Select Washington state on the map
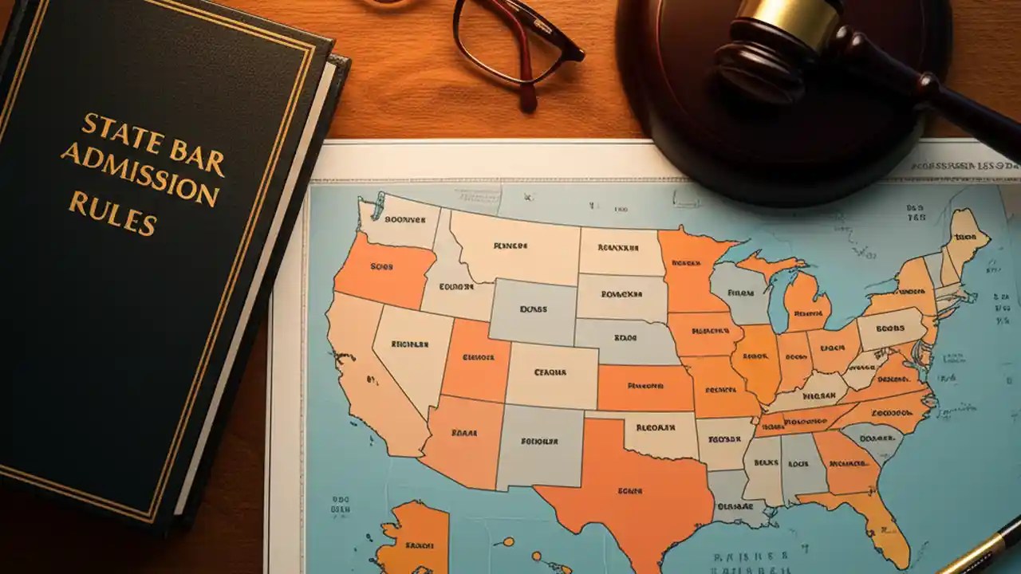pos(399,219)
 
